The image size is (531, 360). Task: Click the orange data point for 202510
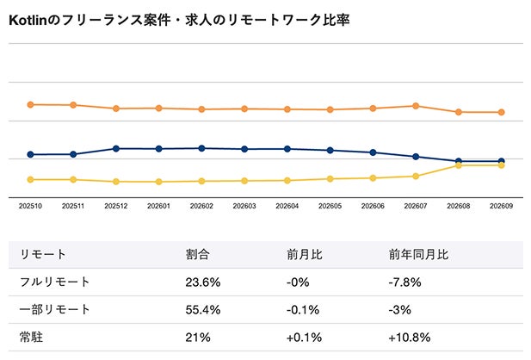30,105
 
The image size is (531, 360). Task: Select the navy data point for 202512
116,149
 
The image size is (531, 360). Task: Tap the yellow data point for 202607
416,177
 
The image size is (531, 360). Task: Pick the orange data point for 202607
416,106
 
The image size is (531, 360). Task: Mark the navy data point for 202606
373,152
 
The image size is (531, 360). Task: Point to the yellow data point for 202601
159,182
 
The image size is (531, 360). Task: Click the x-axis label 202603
244,206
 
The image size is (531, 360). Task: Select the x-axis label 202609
501,206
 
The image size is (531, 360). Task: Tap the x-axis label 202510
30,206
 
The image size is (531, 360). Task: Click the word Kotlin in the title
28,21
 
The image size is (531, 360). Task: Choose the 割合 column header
197,254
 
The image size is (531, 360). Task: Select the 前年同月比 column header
418,254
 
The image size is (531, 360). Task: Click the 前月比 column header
305,254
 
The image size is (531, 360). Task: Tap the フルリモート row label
54,282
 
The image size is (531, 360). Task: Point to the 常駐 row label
31,338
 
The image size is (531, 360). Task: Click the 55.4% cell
203,310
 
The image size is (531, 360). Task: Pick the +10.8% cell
410,338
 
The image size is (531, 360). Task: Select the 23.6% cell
203,282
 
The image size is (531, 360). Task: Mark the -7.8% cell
404,282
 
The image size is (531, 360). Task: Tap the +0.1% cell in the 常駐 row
304,338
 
